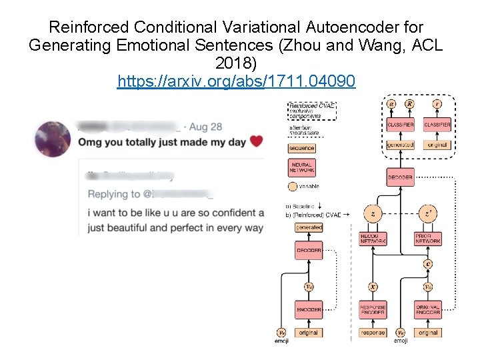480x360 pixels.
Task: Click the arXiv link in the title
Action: pyautogui.click(x=236, y=81)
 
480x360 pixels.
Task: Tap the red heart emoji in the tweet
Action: pyautogui.click(x=256, y=141)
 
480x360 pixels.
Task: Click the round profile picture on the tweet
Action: pyautogui.click(x=53, y=139)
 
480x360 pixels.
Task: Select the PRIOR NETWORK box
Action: pyautogui.click(x=427, y=239)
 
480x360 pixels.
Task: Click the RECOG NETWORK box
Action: pyautogui.click(x=373, y=239)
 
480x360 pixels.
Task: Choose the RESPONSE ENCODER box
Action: pyautogui.click(x=373, y=310)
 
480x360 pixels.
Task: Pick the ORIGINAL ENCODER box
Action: pyautogui.click(x=427, y=310)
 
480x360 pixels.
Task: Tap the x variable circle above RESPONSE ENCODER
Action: pyautogui.click(x=373, y=287)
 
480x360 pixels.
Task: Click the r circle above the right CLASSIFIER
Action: pyautogui.click(x=437, y=104)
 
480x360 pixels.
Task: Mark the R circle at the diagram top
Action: pyautogui.click(x=409, y=104)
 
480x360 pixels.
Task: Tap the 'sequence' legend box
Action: pyautogui.click(x=302, y=148)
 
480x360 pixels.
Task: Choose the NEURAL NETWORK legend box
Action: pyautogui.click(x=302, y=167)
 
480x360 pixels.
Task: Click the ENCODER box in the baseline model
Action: pyautogui.click(x=309, y=310)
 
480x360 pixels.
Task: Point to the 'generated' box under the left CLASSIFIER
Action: pyautogui.click(x=400, y=145)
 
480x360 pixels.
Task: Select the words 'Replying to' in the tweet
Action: pyautogui.click(x=109, y=194)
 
